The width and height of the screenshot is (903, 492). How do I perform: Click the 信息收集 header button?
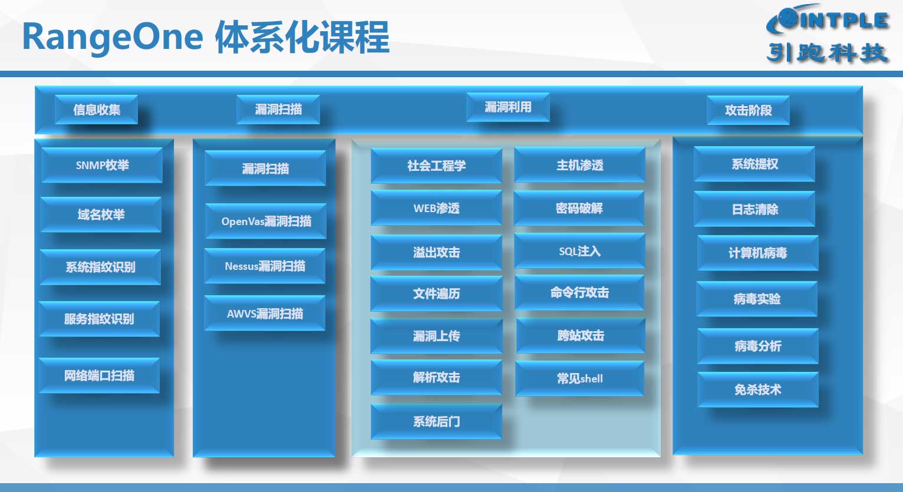tap(96, 110)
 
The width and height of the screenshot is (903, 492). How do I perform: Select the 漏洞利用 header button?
tap(508, 107)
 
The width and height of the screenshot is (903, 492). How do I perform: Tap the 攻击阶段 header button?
tap(748, 110)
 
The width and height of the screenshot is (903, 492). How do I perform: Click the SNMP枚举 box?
tap(102, 165)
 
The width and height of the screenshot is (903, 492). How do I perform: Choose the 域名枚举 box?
tap(101, 214)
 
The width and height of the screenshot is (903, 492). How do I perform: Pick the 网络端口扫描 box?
tap(99, 375)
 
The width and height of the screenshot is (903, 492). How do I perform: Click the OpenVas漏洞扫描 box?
tap(266, 221)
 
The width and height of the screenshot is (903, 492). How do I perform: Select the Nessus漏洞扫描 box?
tap(265, 266)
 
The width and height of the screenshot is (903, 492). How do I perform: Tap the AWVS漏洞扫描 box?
tap(265, 313)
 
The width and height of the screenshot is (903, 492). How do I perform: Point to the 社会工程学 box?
tap(436, 166)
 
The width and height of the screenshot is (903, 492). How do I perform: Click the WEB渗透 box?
tap(436, 209)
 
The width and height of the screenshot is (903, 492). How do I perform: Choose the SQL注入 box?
tap(579, 252)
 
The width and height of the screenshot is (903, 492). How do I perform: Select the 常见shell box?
tap(579, 378)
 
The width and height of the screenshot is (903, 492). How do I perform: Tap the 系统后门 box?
tap(436, 421)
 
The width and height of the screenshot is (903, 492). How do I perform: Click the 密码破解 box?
tap(579, 209)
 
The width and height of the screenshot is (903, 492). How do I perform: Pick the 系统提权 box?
tap(754, 164)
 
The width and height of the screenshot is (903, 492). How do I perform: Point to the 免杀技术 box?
tap(758, 389)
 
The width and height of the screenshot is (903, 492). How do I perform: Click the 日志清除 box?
tap(754, 209)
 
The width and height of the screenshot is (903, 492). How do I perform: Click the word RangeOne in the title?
tap(113, 38)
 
